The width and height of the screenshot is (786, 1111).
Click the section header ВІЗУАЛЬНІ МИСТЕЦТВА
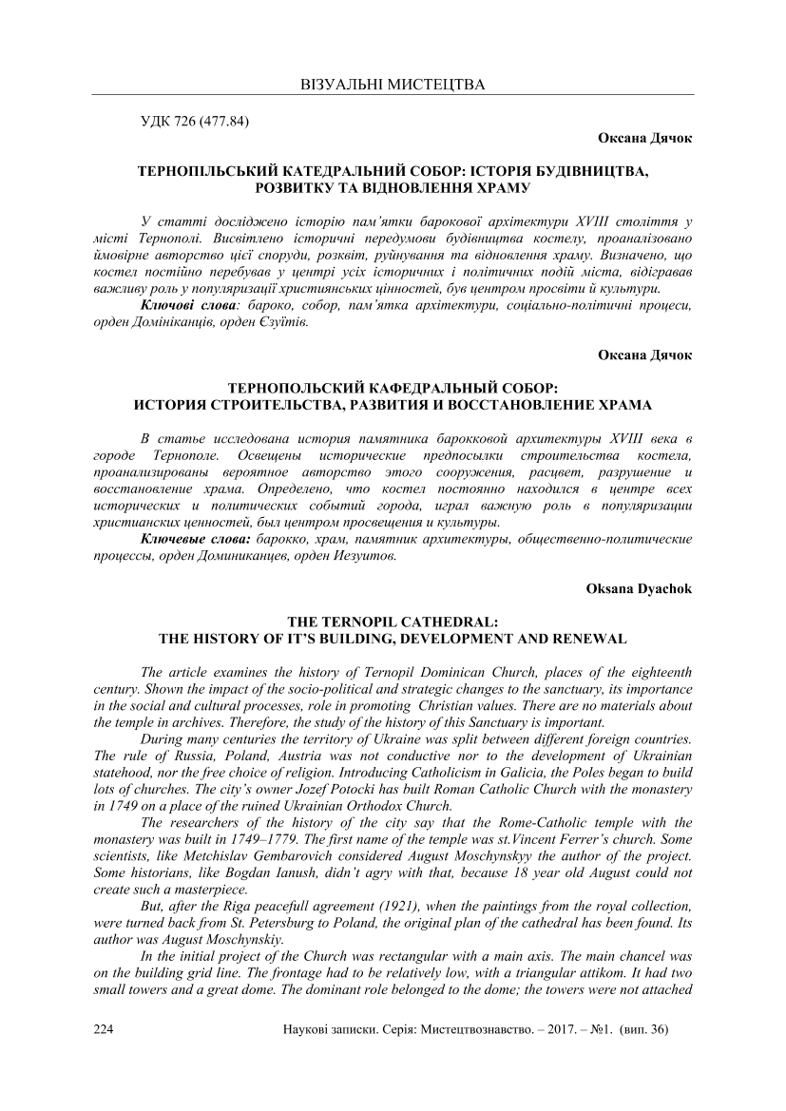coord(393,85)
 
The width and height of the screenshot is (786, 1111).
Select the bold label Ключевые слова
coord(195,539)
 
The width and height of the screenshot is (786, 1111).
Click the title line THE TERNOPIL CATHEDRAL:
coord(393,621)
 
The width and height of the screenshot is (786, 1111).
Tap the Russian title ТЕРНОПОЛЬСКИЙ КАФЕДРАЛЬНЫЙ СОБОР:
coord(393,388)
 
